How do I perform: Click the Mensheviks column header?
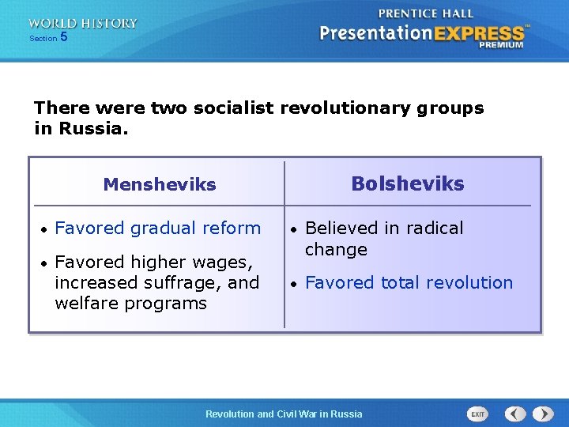click(159, 185)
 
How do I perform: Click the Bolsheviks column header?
click(407, 184)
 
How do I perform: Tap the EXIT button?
click(477, 414)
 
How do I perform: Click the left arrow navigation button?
click(515, 414)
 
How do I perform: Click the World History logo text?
click(83, 24)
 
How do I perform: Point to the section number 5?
click(64, 37)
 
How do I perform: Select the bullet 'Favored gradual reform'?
click(157, 228)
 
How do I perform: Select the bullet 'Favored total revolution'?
click(409, 282)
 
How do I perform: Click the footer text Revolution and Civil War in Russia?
click(284, 414)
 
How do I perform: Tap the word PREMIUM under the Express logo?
click(501, 45)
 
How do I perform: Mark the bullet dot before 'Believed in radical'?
click(293, 229)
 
